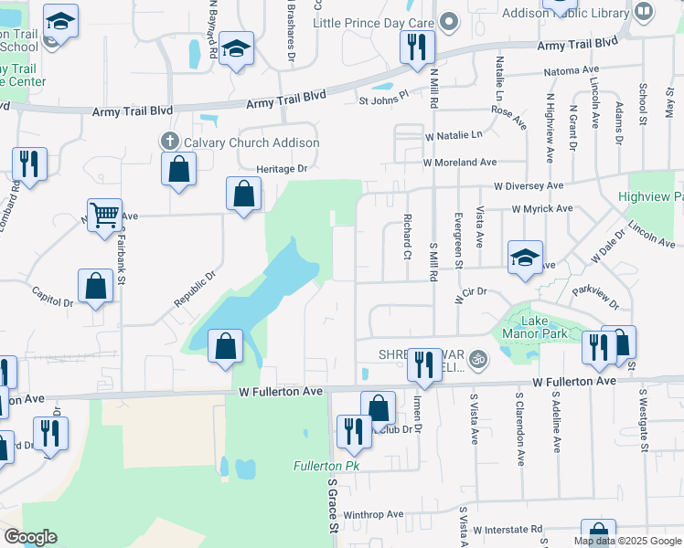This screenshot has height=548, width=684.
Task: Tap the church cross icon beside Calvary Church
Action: tap(168, 142)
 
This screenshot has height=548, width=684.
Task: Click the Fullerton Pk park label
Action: tap(322, 466)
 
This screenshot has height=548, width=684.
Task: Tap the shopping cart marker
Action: tap(105, 216)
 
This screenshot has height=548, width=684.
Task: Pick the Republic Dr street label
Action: tap(195, 288)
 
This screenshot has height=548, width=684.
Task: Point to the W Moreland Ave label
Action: tap(459, 162)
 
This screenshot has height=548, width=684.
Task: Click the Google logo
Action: tap(30, 537)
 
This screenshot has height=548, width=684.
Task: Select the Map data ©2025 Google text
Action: tap(626, 541)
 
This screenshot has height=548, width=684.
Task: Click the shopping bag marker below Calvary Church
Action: tap(178, 169)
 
